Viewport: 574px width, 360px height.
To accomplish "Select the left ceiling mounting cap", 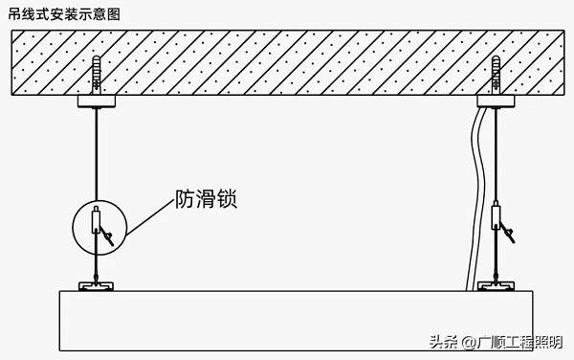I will tap(97, 101).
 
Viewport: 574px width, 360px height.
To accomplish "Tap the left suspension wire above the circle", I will tap(97, 153).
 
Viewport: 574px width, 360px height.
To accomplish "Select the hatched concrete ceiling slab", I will tap(287, 62).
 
